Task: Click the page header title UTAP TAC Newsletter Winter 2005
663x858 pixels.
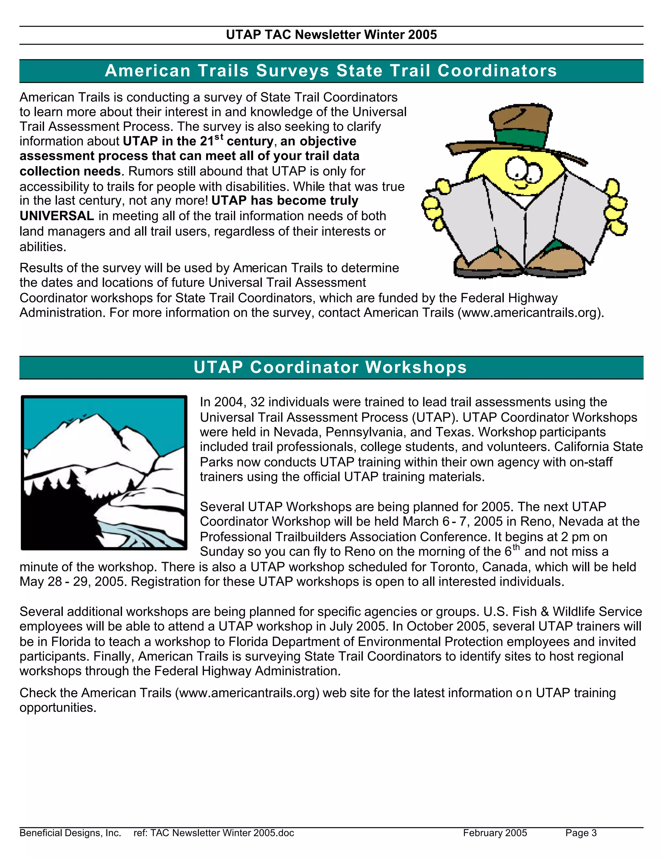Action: tap(331, 35)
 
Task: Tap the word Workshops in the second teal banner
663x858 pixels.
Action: tap(416, 367)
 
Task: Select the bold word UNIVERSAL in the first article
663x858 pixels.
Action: tap(57, 216)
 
